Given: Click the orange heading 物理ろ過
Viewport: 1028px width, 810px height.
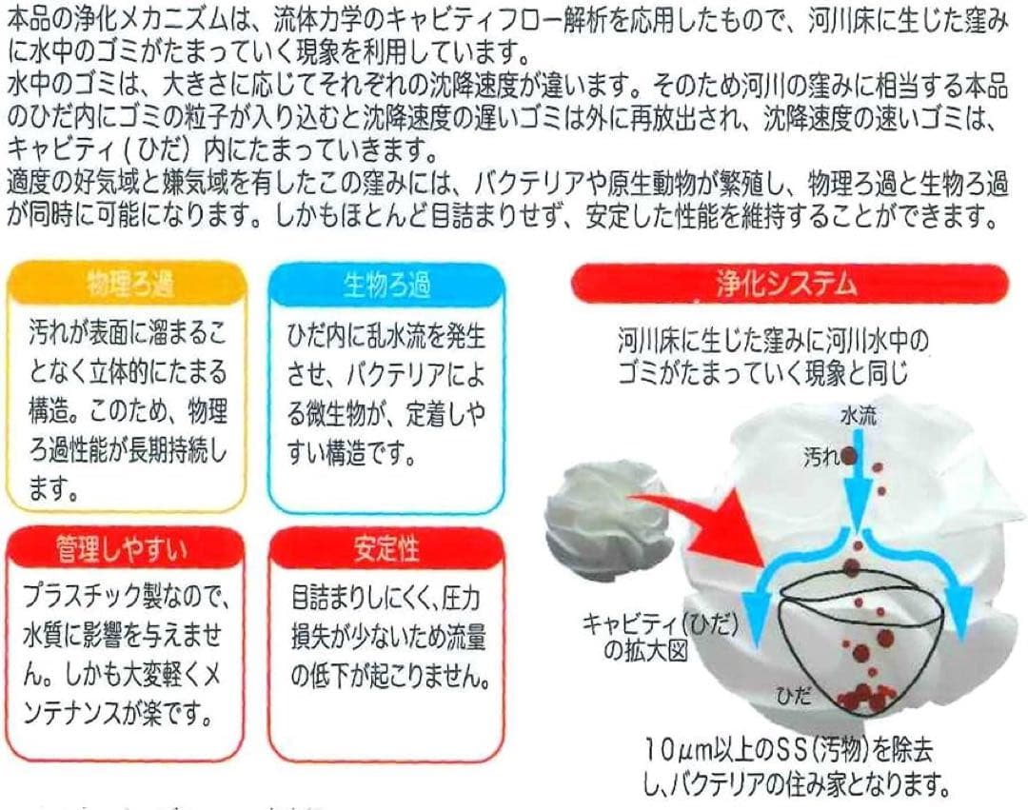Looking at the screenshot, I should tap(128, 284).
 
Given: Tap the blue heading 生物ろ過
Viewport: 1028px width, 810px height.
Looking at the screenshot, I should tap(386, 284).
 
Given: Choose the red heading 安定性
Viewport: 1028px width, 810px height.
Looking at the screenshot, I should tap(385, 548).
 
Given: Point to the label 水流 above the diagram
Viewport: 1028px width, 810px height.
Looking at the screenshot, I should tap(860, 415).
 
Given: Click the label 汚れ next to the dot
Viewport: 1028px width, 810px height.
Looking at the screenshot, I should tap(820, 458).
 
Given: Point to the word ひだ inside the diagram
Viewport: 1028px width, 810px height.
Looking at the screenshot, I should tap(792, 696).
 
